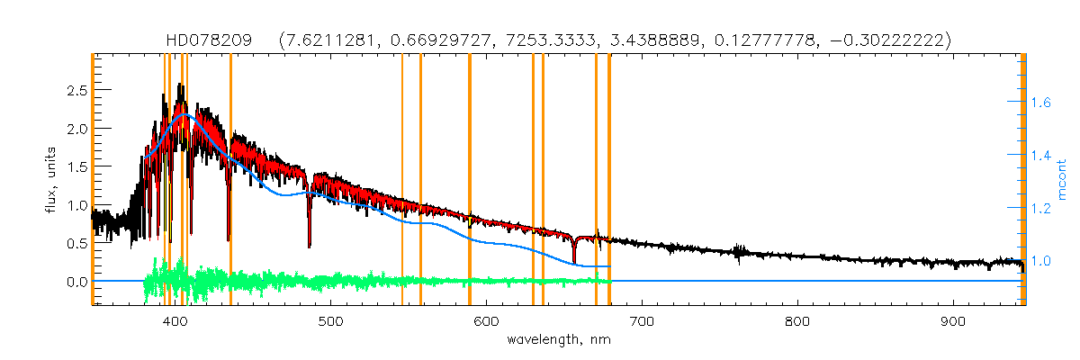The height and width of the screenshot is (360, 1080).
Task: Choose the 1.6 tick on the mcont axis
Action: tap(1041, 103)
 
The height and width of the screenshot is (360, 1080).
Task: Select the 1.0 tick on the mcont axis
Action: tap(1041, 261)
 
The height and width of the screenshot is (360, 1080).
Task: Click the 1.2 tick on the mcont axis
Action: tap(1041, 209)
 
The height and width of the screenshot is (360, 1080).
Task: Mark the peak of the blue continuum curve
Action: tap(185, 114)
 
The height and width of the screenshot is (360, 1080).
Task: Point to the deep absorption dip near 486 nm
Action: tap(310, 245)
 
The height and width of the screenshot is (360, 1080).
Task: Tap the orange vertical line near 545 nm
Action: tap(401, 180)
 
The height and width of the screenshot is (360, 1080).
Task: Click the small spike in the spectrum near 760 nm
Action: tap(738, 247)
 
